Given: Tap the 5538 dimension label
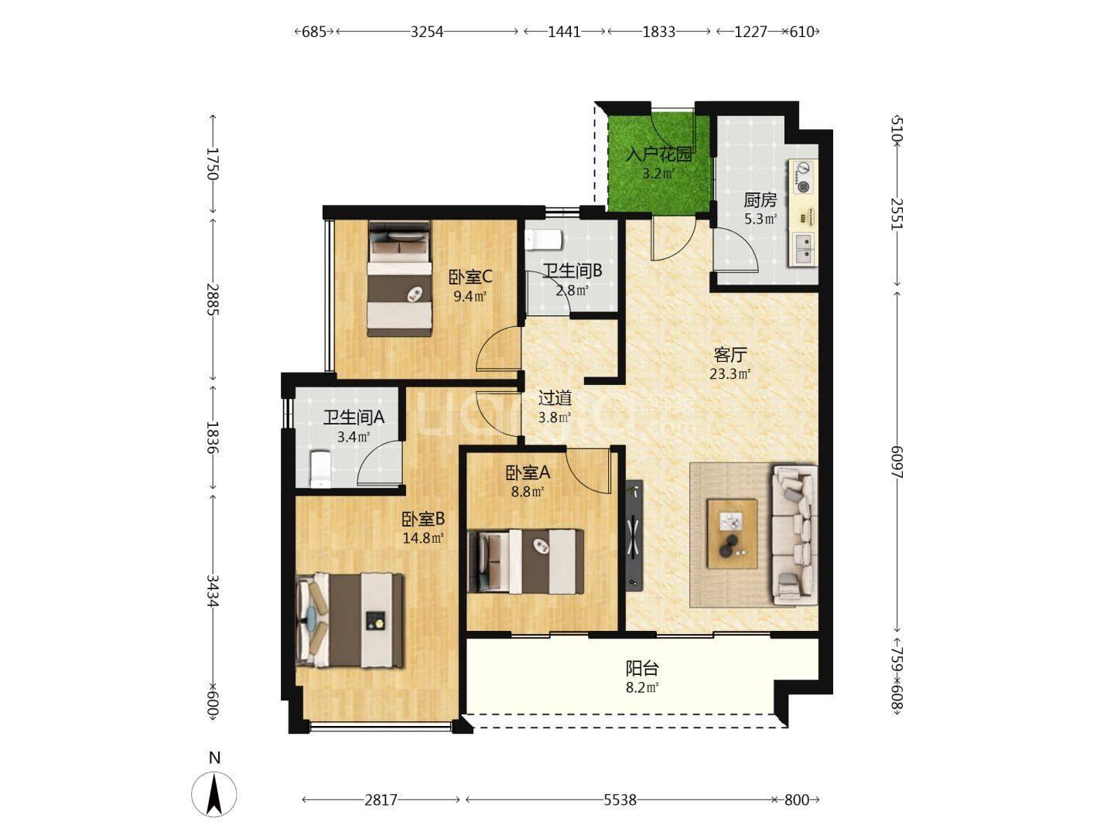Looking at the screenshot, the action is point(620,800).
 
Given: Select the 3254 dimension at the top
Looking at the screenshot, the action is point(426,32).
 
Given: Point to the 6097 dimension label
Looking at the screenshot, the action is point(897,462).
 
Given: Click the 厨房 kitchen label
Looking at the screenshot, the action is point(760,200).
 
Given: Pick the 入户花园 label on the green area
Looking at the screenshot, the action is point(659,154).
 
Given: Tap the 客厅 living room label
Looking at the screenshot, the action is point(730,355).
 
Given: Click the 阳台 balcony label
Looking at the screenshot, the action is point(642,668).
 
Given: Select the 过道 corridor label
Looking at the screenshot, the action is point(555,398).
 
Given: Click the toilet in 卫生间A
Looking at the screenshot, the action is point(321,469).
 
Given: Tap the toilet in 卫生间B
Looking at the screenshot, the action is point(544,240).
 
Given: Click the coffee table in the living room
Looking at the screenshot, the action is point(732,533).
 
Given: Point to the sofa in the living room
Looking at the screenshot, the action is point(794,535).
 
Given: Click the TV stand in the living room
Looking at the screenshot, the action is point(634,535).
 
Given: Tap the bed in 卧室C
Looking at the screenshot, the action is point(399,279).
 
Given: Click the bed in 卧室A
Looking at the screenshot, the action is point(525,561).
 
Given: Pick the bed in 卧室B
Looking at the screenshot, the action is point(350,620).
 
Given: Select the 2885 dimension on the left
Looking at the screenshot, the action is point(213,299).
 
